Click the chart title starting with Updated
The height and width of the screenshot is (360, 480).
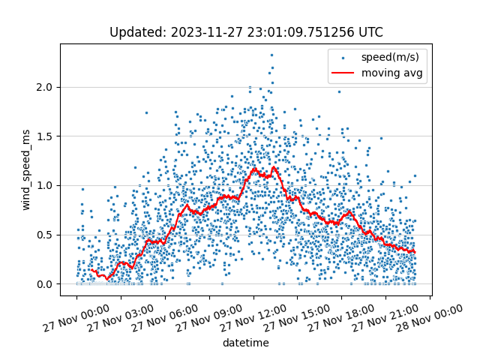[246, 32]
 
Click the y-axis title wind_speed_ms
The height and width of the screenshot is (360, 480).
[25, 169]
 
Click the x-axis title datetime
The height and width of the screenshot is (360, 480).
[245, 343]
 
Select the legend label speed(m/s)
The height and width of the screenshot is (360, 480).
[390, 57]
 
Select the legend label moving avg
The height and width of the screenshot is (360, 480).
[391, 73]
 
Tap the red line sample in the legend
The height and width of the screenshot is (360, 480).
[343, 73]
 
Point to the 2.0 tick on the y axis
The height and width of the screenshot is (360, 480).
[46, 87]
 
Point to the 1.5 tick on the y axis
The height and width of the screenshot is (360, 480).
[46, 136]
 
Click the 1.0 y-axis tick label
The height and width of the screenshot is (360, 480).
[46, 185]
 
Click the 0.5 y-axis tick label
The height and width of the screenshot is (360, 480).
[46, 235]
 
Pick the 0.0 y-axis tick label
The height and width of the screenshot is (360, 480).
[46, 284]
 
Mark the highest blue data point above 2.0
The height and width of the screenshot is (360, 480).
[271, 55]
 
